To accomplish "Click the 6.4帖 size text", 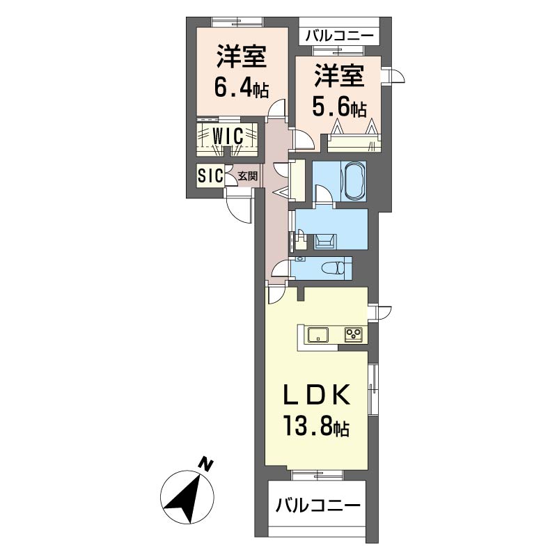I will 241,88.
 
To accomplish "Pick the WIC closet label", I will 228,135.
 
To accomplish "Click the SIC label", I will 209,176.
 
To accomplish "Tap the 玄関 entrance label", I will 247,176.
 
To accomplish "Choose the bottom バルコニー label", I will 317,506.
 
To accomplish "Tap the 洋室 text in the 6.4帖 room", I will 241,57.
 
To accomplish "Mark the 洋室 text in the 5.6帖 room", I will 339,75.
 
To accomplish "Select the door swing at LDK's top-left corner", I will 275,292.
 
